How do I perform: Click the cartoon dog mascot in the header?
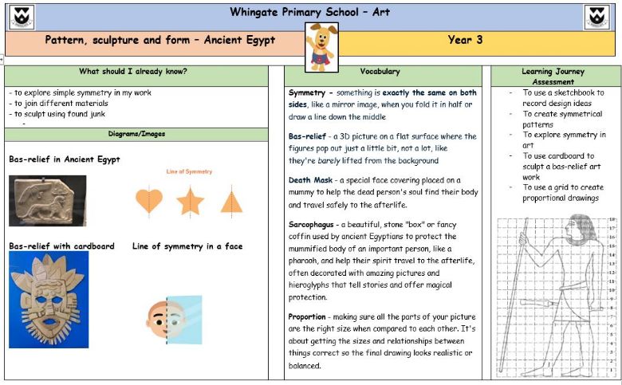tap(321, 46)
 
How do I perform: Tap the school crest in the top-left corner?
tap(22, 17)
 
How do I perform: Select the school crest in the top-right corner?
tap(598, 17)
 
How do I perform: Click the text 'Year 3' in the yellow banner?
tap(465, 40)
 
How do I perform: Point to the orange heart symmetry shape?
tap(149, 200)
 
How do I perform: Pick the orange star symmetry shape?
tap(190, 201)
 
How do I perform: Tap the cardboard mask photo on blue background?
tap(49, 300)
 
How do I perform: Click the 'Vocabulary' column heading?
tap(380, 72)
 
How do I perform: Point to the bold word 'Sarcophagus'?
tap(317, 226)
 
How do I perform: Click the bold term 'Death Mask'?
tap(310, 180)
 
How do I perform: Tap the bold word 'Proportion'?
tap(307, 316)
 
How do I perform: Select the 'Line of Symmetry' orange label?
tap(189, 171)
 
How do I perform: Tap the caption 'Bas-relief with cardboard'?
tap(62, 246)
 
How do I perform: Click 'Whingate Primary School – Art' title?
tap(310, 12)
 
